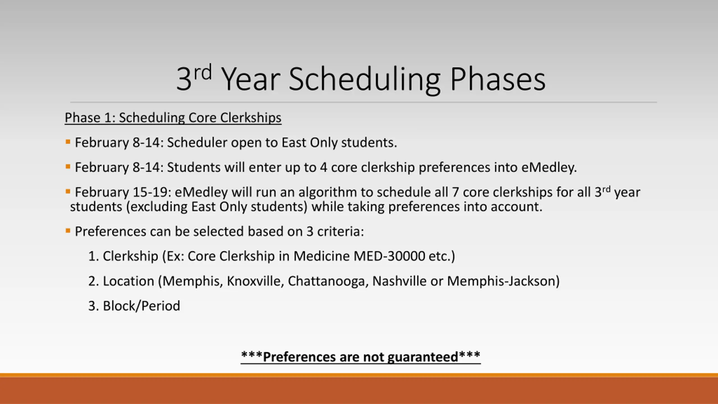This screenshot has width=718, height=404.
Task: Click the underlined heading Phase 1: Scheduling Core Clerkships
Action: [x=173, y=118]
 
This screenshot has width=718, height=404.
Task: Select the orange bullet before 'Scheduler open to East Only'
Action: [x=68, y=142]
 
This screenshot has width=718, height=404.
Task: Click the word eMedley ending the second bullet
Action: [x=549, y=167]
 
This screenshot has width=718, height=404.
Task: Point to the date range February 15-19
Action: [x=123, y=192]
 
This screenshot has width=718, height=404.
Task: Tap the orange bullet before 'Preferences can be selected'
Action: [x=68, y=231]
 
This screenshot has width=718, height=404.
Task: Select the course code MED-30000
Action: [x=389, y=256]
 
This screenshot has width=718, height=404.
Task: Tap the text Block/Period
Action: [x=141, y=306]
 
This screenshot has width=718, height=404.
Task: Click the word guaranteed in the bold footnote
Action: [x=423, y=357]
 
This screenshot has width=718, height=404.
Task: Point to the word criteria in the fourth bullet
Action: [x=340, y=231]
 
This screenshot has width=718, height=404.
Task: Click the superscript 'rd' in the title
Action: [x=203, y=72]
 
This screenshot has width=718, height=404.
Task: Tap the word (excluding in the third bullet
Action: [x=157, y=207]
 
